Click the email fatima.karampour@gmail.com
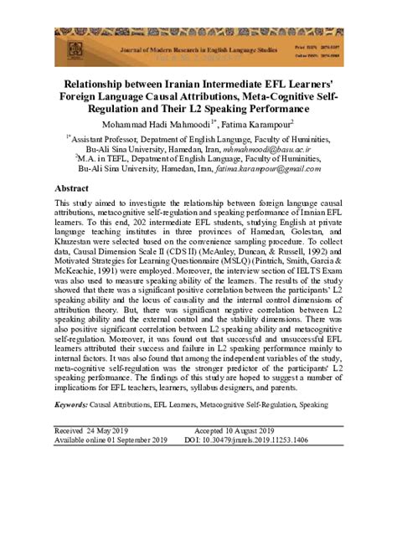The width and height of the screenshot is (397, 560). click(x=286, y=167)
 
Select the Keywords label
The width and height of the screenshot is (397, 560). click(x=70, y=404)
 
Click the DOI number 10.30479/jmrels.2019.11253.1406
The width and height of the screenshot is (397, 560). click(x=260, y=439)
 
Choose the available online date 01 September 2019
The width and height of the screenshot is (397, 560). click(x=127, y=439)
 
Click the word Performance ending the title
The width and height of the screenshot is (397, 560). click(x=268, y=109)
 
